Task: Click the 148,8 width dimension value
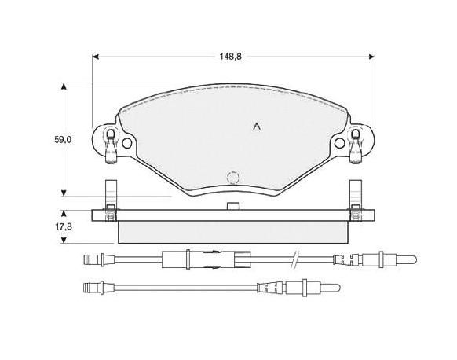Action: click(x=230, y=57)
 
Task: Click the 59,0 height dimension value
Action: click(x=63, y=140)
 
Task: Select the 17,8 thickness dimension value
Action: click(x=64, y=226)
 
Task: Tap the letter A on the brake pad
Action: click(x=257, y=127)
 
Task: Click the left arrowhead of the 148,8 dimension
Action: click(x=95, y=57)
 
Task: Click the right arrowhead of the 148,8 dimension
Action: click(x=371, y=57)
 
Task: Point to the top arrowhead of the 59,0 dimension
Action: click(x=64, y=86)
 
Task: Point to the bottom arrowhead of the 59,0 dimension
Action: click(x=64, y=193)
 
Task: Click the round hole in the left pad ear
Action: click(x=126, y=143)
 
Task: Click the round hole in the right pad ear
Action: click(x=339, y=143)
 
